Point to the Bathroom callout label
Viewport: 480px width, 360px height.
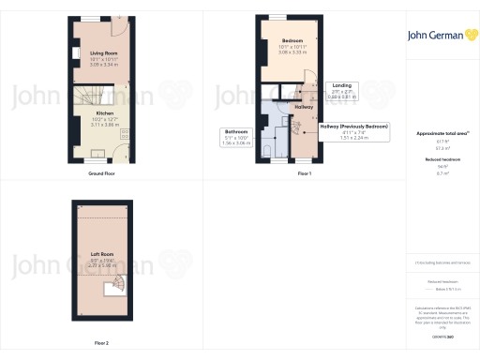point(235,131)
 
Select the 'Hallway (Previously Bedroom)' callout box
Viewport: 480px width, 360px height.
point(353,129)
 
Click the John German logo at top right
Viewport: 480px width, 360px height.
point(439,35)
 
